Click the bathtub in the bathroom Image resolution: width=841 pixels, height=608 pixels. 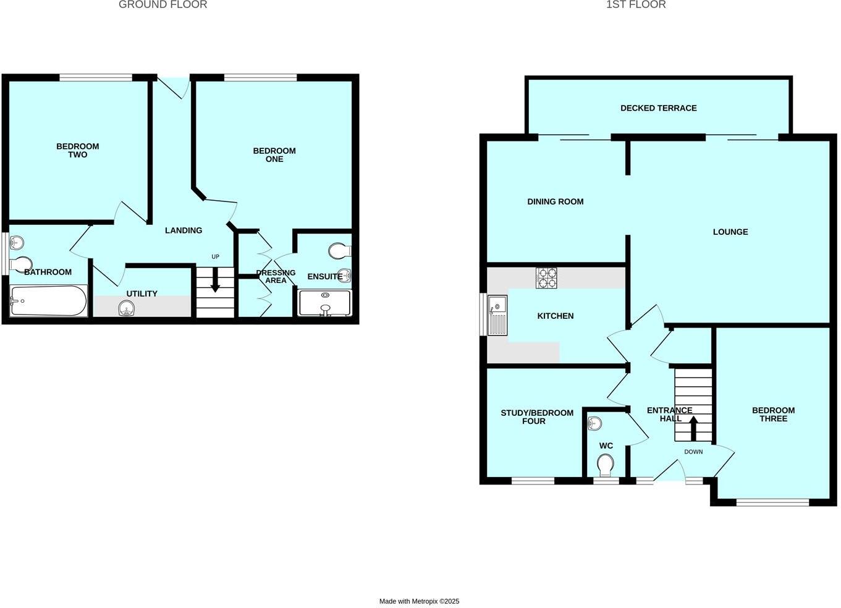point(48,300)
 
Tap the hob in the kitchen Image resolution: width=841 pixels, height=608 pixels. point(546,278)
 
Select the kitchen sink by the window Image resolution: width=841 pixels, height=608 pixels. point(497,315)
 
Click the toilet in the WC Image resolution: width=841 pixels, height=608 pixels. point(605,464)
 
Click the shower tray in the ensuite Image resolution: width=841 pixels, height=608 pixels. point(324,303)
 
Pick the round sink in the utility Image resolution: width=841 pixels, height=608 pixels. point(127,308)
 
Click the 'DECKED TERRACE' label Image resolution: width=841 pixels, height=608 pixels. point(658,108)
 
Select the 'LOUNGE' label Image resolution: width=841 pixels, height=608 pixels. point(730,232)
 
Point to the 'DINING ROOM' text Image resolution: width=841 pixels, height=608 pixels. point(555,201)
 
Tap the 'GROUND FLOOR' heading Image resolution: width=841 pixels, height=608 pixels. point(163,5)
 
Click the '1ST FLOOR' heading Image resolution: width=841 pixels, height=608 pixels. point(635,5)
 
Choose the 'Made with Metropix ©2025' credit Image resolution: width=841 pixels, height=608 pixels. point(419,601)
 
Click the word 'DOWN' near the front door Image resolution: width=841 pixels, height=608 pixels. point(693,452)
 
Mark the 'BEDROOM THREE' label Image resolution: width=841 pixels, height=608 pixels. point(773,415)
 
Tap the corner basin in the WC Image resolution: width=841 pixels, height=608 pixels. point(594,423)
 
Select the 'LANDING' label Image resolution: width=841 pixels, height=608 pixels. point(184,230)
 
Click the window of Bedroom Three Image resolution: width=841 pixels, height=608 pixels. point(772,502)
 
